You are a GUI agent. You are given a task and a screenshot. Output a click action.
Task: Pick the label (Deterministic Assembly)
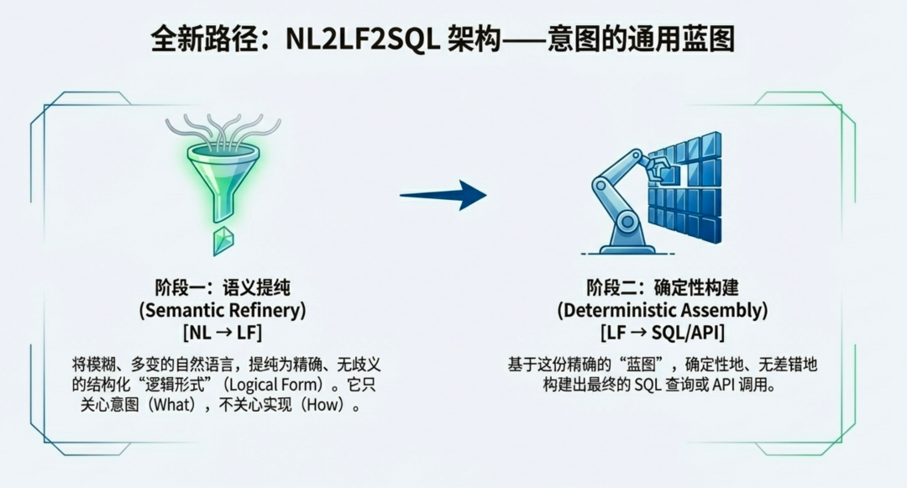coord(663,310)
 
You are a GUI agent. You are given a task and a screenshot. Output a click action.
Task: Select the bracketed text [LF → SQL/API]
coord(663,333)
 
